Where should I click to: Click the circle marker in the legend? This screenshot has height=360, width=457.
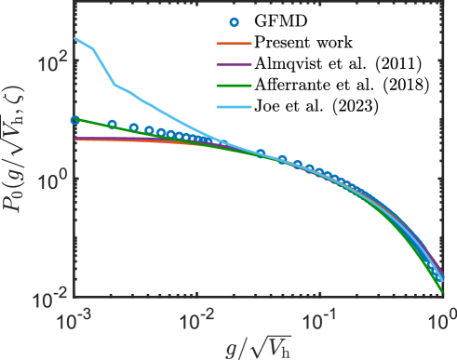(x=235, y=22)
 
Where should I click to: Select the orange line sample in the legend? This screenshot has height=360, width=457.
(x=235, y=43)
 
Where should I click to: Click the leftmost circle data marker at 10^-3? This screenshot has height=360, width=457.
(x=75, y=119)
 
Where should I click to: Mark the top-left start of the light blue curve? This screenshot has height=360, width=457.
(x=74, y=38)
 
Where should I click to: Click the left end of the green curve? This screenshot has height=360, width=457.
(x=74, y=118)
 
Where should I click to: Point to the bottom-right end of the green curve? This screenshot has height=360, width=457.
(x=442, y=295)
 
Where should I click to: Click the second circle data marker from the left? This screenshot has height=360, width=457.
(x=113, y=124)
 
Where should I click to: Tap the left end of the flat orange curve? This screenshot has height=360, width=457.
(x=74, y=139)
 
